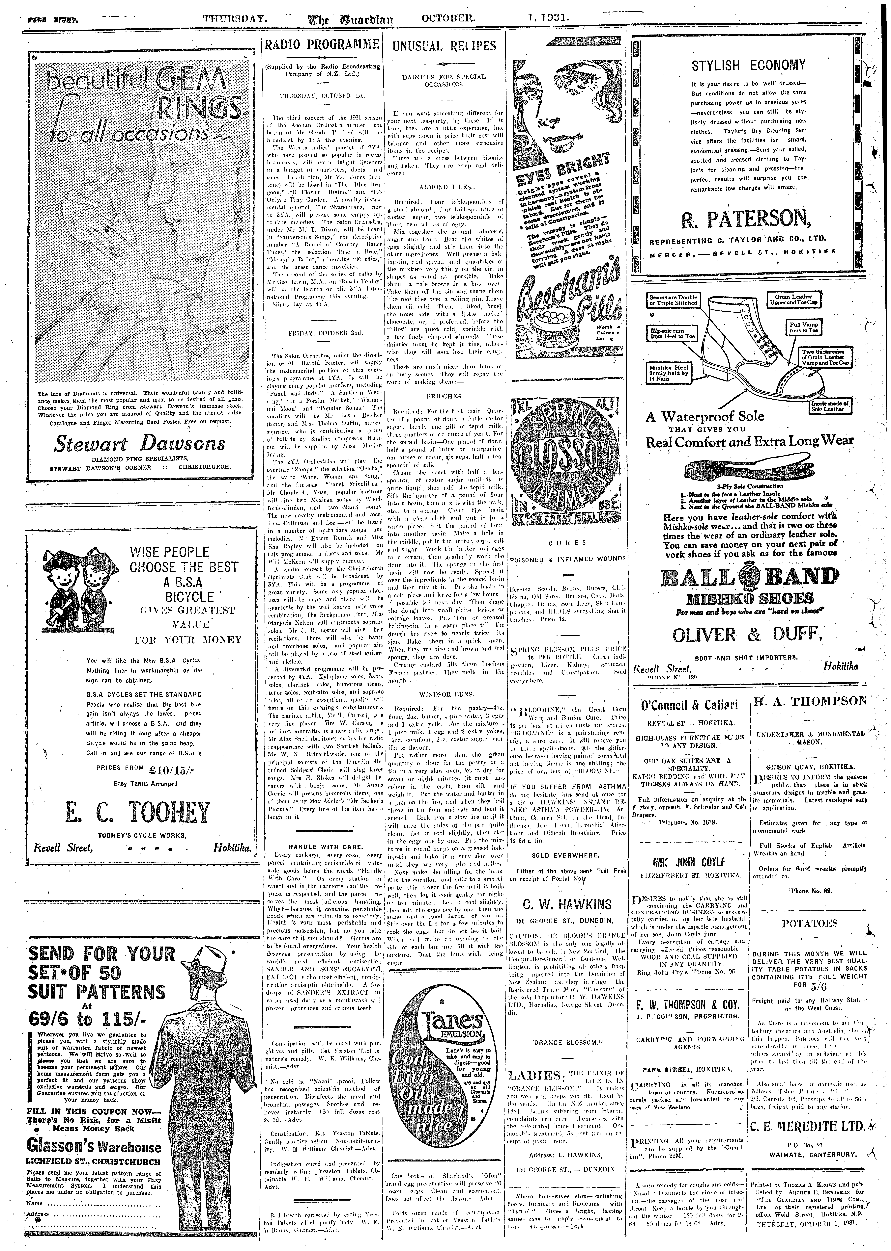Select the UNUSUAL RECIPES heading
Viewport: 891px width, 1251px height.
click(444, 46)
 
